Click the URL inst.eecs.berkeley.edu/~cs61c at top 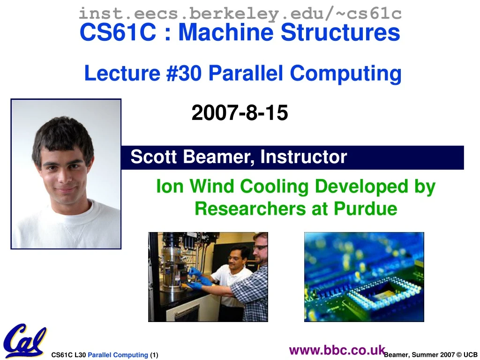click(240, 13)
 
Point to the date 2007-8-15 click(240, 113)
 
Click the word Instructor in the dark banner click(303, 157)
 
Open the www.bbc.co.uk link click(337, 350)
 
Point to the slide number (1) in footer click(154, 355)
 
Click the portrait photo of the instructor click(66, 173)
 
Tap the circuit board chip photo click(364, 277)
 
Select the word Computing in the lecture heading click(345, 73)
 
